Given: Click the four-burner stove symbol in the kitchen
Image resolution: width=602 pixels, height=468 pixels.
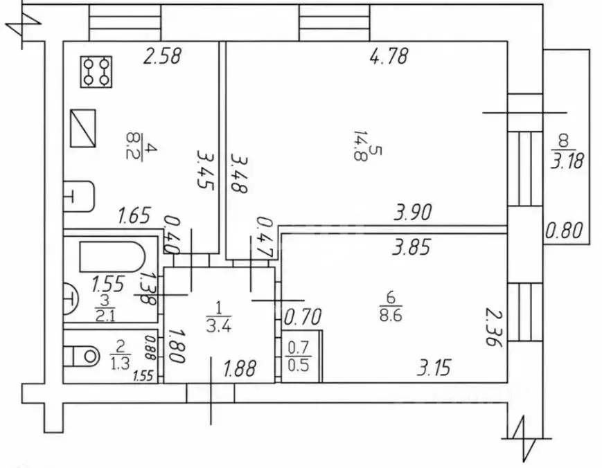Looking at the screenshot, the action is (96, 72).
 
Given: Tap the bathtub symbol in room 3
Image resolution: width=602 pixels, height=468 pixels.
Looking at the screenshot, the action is (112, 256).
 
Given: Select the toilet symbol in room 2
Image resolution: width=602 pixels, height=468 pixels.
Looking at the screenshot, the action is (86, 357).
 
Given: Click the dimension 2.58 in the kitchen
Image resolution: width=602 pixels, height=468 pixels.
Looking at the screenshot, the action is (162, 56).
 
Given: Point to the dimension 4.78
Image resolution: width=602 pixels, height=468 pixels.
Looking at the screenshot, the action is (389, 56).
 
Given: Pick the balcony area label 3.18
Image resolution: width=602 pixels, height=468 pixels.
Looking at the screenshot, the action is (567, 161).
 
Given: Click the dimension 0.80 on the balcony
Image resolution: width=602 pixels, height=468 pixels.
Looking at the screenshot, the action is (564, 231).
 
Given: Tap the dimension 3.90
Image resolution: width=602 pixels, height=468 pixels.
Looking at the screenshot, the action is (413, 212).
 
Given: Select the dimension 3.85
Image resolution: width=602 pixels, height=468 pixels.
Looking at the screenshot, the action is (411, 246).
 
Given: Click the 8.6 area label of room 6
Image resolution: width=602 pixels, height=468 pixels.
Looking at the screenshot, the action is (391, 315).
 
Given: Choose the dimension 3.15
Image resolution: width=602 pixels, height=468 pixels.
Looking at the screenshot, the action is (434, 368).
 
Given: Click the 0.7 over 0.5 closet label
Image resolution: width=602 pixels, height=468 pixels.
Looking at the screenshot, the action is (299, 357).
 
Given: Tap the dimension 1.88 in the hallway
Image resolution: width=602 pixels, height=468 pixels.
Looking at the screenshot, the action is (240, 368).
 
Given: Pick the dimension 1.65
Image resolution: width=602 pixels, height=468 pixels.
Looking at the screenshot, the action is (134, 215).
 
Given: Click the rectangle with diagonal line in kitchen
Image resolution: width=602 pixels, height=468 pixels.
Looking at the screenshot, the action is (83, 128).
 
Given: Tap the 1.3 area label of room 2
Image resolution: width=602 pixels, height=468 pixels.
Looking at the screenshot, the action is (120, 363).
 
